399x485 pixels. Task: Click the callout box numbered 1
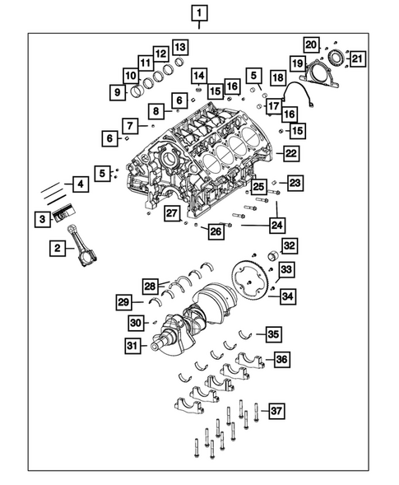(x=200, y=12)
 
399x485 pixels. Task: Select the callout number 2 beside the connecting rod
(x=58, y=247)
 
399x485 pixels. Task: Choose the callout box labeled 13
(x=179, y=46)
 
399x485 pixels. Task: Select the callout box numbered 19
(x=295, y=63)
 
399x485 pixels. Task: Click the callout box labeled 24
(x=277, y=223)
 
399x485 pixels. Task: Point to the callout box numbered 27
(x=171, y=214)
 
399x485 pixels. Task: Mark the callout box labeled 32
(x=290, y=245)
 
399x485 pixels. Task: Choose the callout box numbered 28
(x=150, y=286)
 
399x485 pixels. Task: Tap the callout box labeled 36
(x=281, y=359)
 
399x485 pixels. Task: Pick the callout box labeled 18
(x=279, y=78)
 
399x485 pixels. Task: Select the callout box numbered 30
(x=135, y=322)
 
